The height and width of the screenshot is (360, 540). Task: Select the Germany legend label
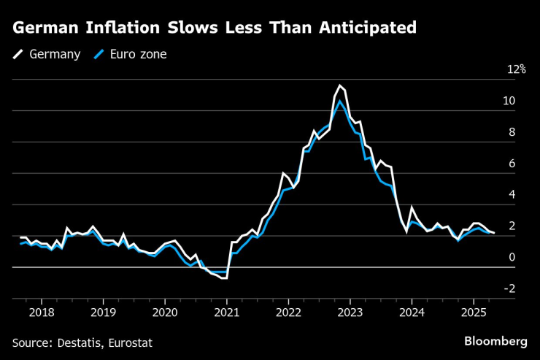[55, 54]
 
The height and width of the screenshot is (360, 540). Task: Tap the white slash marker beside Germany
[18, 54]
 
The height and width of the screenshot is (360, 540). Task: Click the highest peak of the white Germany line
[339, 85]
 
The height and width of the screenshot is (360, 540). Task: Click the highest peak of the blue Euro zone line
[339, 101]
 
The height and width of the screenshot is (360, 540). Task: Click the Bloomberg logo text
[495, 341]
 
